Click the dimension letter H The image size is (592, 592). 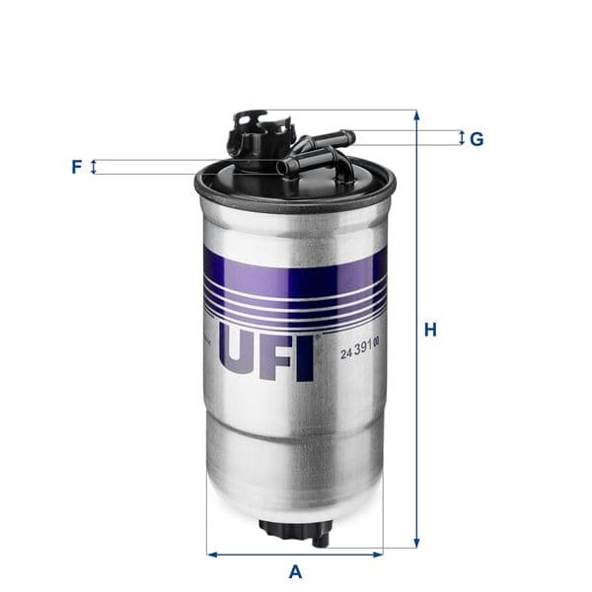[x=430, y=331]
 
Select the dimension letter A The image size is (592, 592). [x=294, y=571]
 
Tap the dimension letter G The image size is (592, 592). [x=477, y=139]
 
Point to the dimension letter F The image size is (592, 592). [x=76, y=167]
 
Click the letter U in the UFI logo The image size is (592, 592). [x=240, y=356]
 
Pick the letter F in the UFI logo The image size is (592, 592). [x=279, y=356]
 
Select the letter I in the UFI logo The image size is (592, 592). [x=305, y=356]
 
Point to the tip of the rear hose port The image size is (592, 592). [x=346, y=136]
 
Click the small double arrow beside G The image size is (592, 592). [x=461, y=138]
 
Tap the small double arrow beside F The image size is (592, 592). [x=95, y=167]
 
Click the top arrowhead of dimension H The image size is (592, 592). [x=416, y=115]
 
